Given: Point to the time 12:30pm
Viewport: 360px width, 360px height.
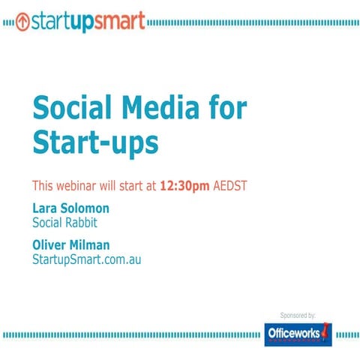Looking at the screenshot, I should point(185,184).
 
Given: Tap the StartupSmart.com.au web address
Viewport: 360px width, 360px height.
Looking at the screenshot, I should point(86,259).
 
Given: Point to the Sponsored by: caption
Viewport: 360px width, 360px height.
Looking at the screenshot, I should point(297,315).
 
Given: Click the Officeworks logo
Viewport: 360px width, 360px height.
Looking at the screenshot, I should point(297,333).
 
